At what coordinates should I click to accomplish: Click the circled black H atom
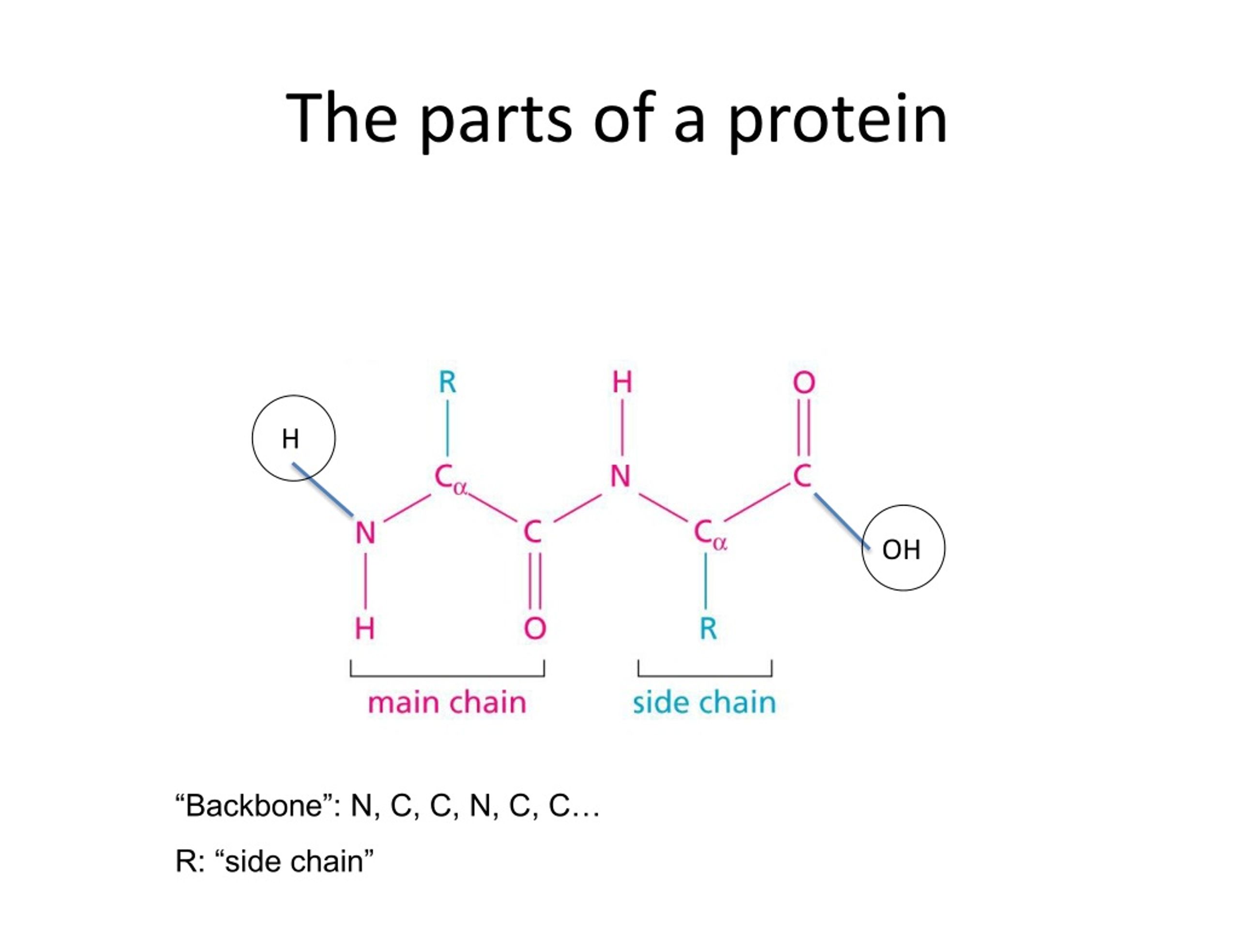pyautogui.click(x=290, y=438)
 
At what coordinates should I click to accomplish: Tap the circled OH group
pyautogui.click(x=901, y=549)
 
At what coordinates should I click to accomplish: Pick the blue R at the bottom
pyautogui.click(x=708, y=629)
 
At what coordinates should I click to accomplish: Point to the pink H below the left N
pyautogui.click(x=364, y=629)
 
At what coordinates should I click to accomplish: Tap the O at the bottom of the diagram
pyautogui.click(x=535, y=629)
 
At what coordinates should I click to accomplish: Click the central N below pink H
pyautogui.click(x=620, y=476)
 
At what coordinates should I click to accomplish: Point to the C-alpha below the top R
pyautogui.click(x=450, y=479)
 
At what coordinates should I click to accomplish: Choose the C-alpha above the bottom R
pyautogui.click(x=710, y=534)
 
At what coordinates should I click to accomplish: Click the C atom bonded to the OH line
pyautogui.click(x=802, y=476)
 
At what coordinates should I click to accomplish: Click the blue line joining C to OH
pyautogui.click(x=843, y=522)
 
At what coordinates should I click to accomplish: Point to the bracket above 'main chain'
pyautogui.click(x=447, y=669)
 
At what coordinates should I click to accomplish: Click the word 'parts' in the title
pyautogui.click(x=496, y=121)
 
